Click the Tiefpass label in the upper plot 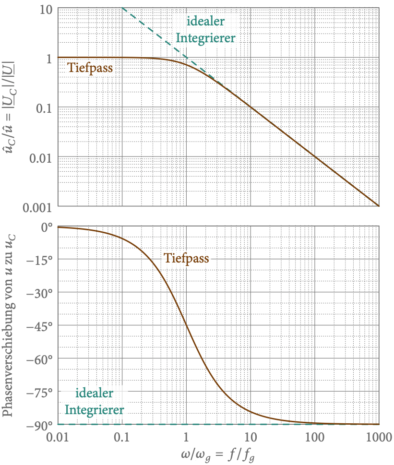[90, 68]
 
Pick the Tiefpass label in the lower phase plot [186, 258]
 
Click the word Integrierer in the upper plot [206, 38]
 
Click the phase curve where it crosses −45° [186, 326]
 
